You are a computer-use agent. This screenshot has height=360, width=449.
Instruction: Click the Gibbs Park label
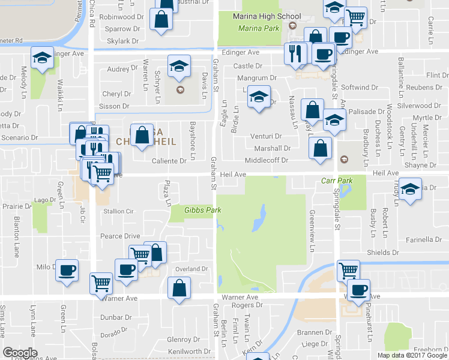tap(190, 210)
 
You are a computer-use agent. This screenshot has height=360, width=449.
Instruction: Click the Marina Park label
tap(259, 28)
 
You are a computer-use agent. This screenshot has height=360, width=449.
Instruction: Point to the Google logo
tap(20, 352)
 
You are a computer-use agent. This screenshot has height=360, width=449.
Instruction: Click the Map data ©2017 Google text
tap(411, 355)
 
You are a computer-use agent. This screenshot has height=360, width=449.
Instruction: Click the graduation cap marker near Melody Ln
tap(42, 58)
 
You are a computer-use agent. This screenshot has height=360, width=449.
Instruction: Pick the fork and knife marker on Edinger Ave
tap(295, 54)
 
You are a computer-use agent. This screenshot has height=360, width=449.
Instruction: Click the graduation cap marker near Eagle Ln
tap(258, 97)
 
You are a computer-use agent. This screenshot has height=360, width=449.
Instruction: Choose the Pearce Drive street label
tap(119, 236)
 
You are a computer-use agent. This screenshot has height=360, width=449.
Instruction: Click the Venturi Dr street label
tap(268, 137)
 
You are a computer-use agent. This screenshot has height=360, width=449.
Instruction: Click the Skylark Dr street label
tap(122, 41)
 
